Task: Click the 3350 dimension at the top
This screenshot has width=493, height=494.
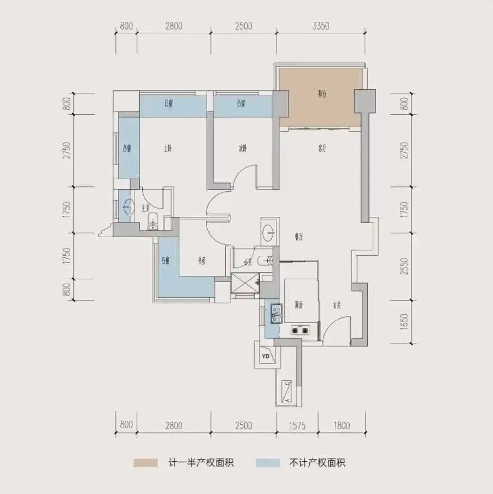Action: [x=320, y=26]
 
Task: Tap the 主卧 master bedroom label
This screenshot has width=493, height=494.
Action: [x=168, y=148]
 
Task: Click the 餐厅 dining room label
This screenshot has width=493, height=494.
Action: [x=298, y=237]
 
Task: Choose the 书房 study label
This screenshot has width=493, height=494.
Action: [x=200, y=261]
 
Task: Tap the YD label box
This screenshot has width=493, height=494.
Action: [x=266, y=357]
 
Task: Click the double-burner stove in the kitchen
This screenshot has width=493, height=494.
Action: [x=300, y=330]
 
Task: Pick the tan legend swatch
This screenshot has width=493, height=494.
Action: [x=146, y=463]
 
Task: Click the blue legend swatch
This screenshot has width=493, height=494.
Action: [x=267, y=463]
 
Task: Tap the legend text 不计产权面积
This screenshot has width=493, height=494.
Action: [x=317, y=463]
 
